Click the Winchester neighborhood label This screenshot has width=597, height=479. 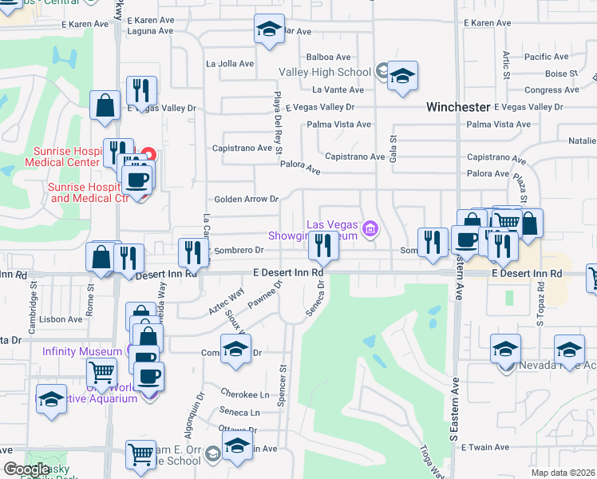point(457,106)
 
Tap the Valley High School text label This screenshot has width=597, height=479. point(325,72)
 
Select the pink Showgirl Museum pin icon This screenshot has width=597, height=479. point(370,229)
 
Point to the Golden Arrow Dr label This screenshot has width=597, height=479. point(246,199)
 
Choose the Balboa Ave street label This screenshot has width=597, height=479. point(329,57)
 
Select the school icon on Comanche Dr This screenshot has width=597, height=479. point(235,350)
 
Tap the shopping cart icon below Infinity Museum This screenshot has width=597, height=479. point(101,372)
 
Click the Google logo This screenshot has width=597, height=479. point(26,469)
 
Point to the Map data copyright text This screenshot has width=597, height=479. point(563,473)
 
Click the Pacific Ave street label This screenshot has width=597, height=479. point(547,57)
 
